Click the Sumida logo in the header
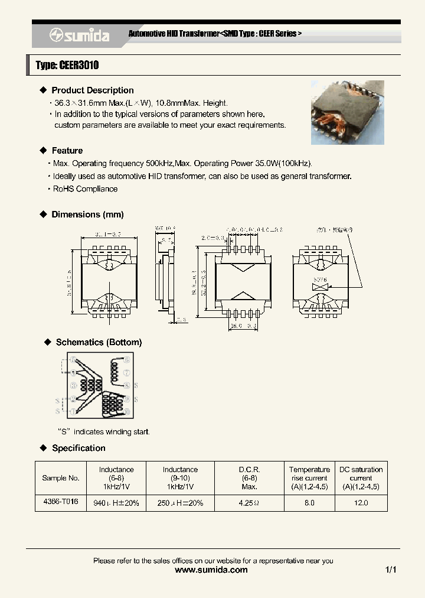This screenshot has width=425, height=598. point(79,36)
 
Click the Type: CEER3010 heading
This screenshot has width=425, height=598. point(67,66)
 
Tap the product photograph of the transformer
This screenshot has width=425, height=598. point(347,113)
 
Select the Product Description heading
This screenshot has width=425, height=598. point(93,90)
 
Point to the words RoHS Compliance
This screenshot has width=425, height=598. point(86,189)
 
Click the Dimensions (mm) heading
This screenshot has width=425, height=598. point(87,214)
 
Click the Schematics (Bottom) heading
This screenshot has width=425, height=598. point(99,342)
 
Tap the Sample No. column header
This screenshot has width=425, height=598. point(61,478)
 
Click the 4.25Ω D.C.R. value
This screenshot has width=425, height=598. point(250,503)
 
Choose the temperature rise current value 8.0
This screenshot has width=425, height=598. point(309,503)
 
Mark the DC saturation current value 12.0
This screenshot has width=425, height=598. point(361,503)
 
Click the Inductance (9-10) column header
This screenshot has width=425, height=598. point(181,478)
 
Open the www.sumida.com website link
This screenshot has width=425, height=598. point(212,570)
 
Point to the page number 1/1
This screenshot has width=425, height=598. point(390,570)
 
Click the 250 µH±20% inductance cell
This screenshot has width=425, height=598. point(181,503)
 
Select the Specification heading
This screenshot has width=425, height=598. point(79,448)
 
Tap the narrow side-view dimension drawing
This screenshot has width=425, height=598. point(165,275)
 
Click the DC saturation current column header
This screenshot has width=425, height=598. point(361,478)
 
